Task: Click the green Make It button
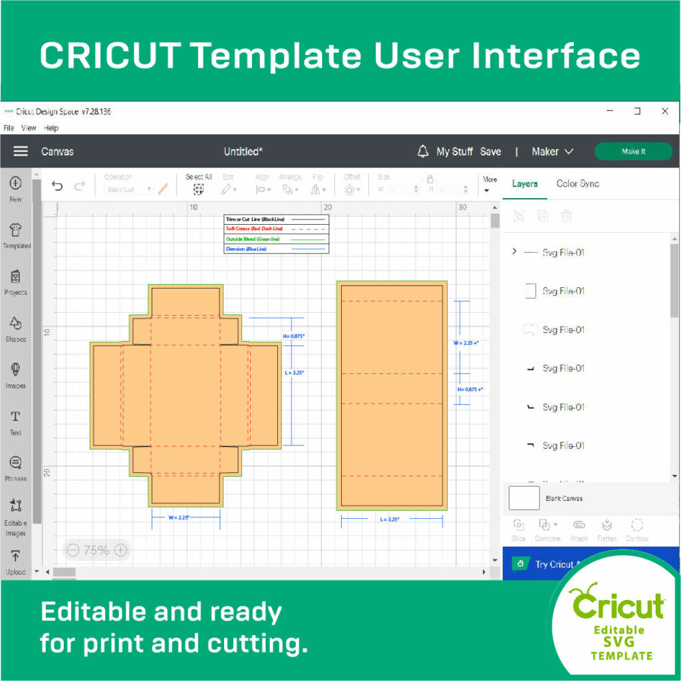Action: coord(632,152)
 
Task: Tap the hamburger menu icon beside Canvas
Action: coord(21,151)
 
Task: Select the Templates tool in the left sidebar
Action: coord(16,235)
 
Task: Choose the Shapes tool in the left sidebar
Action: coord(16,328)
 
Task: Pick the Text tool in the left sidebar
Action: coord(16,421)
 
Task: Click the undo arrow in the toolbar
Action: coord(57,186)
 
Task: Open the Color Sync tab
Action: coord(577,184)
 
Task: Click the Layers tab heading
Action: coord(525,184)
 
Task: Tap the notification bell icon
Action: coord(423,152)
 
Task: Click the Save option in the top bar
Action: coord(490,152)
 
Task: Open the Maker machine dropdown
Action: coord(552,152)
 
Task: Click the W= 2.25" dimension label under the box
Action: coord(179,517)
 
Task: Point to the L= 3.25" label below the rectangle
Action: coord(390,519)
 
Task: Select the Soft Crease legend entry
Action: coord(254,228)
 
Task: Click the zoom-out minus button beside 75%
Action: coord(73,550)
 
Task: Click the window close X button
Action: coord(664,112)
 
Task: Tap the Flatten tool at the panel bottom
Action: coord(607,529)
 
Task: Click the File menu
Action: coord(9,128)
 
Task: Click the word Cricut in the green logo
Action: coord(618,606)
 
